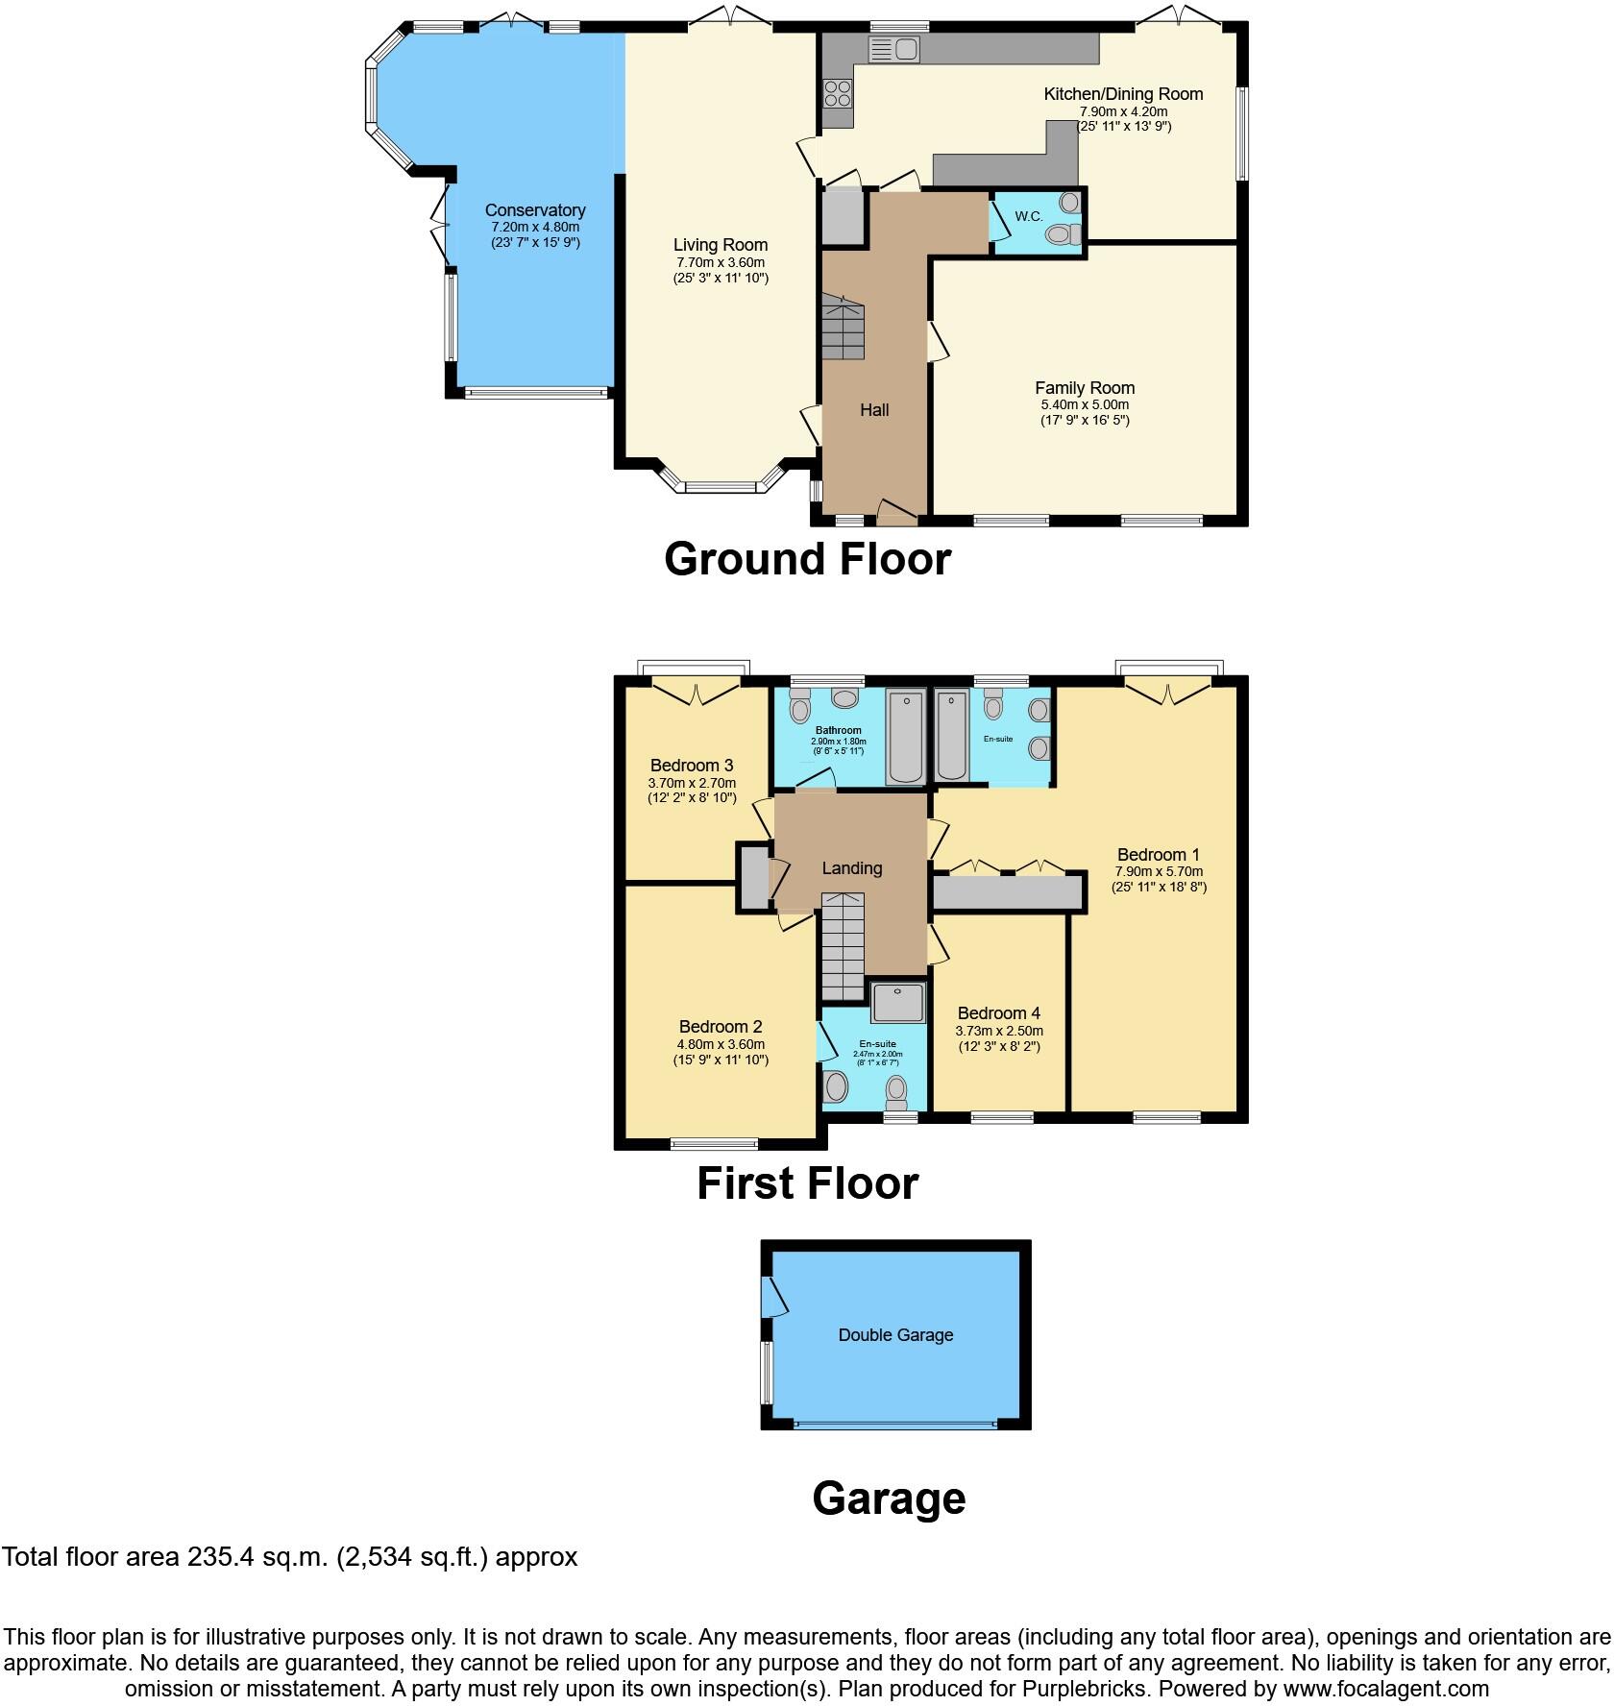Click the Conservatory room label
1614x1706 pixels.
click(x=535, y=210)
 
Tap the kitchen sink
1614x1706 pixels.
click(x=893, y=49)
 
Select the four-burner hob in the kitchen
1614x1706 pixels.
click(x=837, y=93)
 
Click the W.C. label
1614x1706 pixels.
click(x=1029, y=217)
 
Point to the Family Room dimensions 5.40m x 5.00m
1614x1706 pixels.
click(x=1085, y=405)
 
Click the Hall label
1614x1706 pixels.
click(x=874, y=410)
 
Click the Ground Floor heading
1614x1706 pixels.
click(x=807, y=559)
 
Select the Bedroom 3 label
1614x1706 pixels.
click(x=692, y=766)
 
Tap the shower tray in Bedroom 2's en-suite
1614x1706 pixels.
click(x=898, y=1002)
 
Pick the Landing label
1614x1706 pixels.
click(x=851, y=868)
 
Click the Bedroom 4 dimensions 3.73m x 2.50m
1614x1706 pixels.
click(x=999, y=1031)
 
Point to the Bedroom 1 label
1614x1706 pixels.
click(x=1159, y=855)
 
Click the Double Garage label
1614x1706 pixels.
click(x=895, y=1335)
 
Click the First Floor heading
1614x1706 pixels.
click(x=807, y=1183)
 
